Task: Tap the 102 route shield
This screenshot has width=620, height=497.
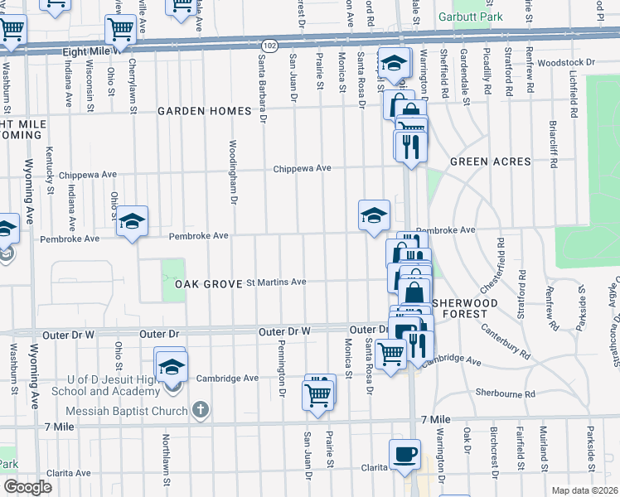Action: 269,44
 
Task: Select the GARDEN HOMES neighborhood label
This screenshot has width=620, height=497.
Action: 204,111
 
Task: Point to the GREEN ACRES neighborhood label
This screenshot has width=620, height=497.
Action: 490,162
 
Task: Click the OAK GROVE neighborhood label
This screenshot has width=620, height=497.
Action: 208,283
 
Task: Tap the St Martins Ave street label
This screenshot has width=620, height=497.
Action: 277,282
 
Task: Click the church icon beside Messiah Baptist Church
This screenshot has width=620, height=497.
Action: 200,409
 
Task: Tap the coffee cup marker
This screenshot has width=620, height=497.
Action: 404,454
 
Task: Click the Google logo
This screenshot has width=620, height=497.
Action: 27,487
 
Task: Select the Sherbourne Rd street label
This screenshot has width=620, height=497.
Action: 505,393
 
